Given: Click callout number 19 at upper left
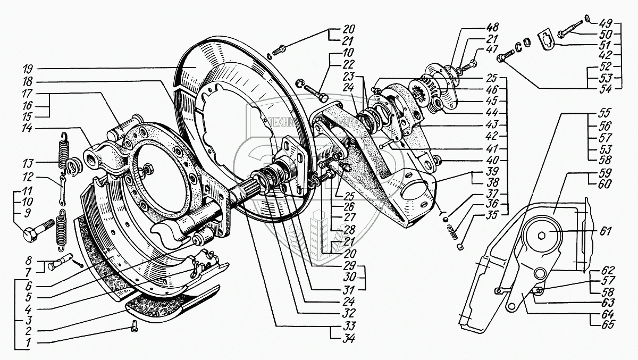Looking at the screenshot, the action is [x=29, y=69].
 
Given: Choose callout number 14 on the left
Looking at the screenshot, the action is [x=29, y=128].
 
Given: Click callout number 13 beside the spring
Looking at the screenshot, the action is [x=29, y=163].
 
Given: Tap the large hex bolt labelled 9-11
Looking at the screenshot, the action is [x=35, y=229].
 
